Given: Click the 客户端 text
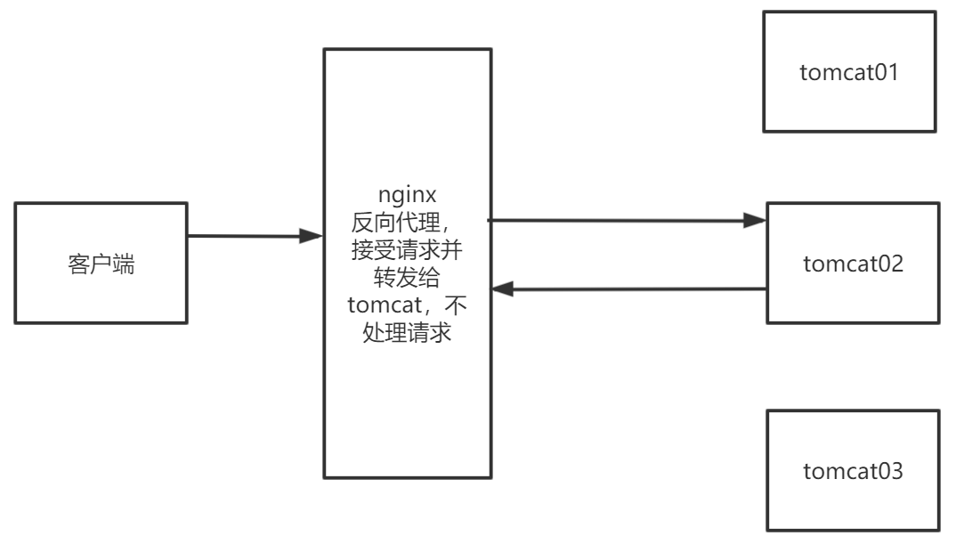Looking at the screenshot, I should [101, 264].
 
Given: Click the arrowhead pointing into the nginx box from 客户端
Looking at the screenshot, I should [312, 237].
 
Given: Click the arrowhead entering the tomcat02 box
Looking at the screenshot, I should [756, 220].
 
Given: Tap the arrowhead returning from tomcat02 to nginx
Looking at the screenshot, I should [503, 289].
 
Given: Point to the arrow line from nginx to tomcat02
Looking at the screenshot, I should [623, 219].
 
